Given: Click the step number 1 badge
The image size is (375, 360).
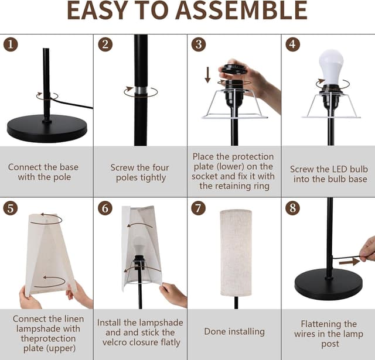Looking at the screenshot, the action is (x=11, y=44).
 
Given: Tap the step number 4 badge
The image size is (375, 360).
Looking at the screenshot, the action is (x=292, y=44).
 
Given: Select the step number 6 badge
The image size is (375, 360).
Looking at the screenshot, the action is (x=105, y=208).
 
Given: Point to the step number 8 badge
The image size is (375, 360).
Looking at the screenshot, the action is (x=292, y=208).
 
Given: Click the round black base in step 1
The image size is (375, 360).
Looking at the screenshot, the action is (x=47, y=128).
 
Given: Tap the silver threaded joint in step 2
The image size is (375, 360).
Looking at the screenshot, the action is (x=141, y=90).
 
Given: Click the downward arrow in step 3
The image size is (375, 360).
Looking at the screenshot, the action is (x=208, y=75).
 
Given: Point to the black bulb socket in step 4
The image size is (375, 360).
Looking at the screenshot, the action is (x=331, y=98).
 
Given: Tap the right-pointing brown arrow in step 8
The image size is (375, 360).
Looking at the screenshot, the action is (x=349, y=262).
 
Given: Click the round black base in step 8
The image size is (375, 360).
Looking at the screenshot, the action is (x=328, y=284).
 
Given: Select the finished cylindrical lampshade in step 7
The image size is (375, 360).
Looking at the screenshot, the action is (x=236, y=253).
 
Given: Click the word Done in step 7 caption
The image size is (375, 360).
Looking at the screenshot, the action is (x=214, y=331).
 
